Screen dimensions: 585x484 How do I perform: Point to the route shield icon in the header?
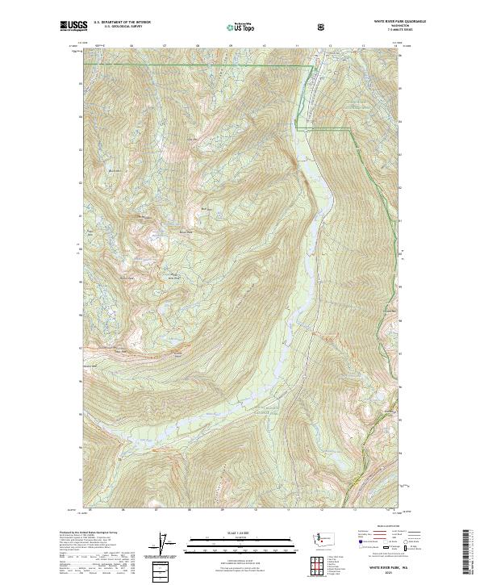(323, 26)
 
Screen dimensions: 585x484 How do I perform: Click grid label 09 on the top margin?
(231, 45)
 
